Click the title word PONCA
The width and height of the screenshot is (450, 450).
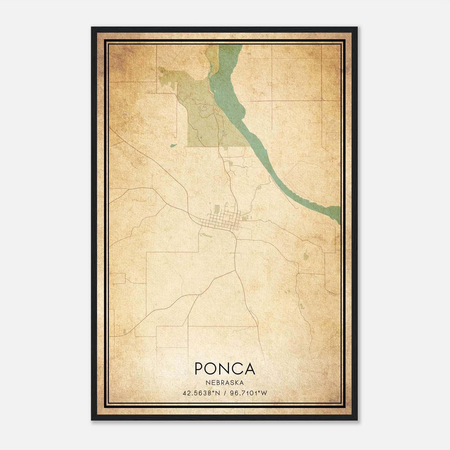pyautogui.click(x=225, y=369)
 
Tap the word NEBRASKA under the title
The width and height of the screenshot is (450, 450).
pyautogui.click(x=225, y=382)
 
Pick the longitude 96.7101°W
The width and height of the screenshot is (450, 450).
pyautogui.click(x=248, y=393)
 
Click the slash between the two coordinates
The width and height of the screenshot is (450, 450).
pyautogui.click(x=225, y=393)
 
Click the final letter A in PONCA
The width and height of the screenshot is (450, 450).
pyautogui.click(x=250, y=369)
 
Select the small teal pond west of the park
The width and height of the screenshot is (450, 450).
pyautogui.click(x=173, y=145)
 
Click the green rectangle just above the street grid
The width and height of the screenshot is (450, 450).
pyautogui.click(x=217, y=209)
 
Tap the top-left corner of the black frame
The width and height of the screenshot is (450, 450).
pyautogui.click(x=92, y=28)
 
